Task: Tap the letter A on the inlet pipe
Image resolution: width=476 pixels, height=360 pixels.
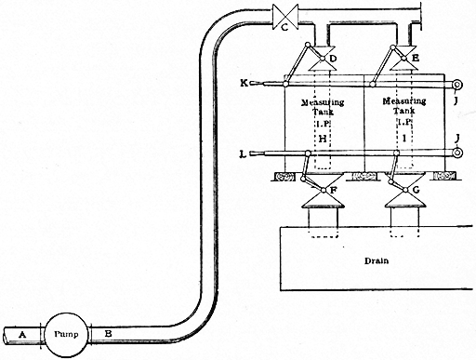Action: pyautogui.click(x=21, y=331)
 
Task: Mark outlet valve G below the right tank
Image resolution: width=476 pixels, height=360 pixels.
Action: pyautogui.click(x=402, y=198)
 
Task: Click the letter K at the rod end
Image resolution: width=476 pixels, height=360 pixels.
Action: pyautogui.click(x=244, y=84)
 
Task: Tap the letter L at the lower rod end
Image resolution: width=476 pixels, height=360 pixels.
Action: pyautogui.click(x=244, y=153)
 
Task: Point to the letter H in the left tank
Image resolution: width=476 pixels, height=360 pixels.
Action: pyautogui.click(x=323, y=138)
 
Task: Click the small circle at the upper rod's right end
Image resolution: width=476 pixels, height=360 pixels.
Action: pyautogui.click(x=456, y=84)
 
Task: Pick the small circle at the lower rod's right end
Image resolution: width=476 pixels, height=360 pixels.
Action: pyautogui.click(x=456, y=153)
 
